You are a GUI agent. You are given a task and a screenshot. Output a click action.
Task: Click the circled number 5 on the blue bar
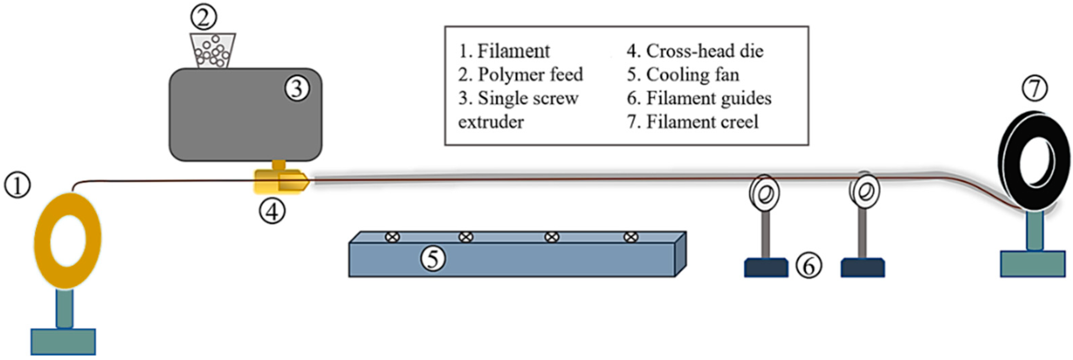point(433,259)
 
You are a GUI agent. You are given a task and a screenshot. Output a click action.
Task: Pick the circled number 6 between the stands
point(809,266)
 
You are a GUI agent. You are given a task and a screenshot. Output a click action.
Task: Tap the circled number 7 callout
point(1035,89)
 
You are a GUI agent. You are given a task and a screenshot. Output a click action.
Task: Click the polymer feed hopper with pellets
point(212,51)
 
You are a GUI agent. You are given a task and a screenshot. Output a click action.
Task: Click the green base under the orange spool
point(63,341)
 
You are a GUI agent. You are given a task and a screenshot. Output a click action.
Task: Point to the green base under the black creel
point(1032,263)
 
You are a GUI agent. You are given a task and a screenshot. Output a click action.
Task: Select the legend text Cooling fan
point(692,75)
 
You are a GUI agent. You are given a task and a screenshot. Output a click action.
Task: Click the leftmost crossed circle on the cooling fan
point(392,237)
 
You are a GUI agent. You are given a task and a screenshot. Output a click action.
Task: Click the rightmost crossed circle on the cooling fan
point(631,237)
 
